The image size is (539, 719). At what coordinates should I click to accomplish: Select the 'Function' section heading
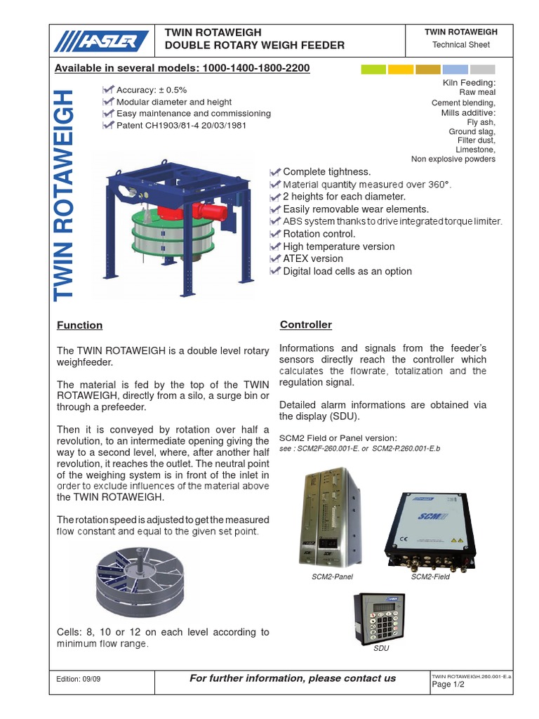coord(79,325)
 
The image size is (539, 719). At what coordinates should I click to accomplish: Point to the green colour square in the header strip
coord(373,69)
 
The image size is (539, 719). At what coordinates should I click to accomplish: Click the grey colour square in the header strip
coord(482,69)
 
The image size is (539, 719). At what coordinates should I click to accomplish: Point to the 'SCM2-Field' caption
coord(430,576)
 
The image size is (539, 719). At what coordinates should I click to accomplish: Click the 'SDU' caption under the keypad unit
coord(381,648)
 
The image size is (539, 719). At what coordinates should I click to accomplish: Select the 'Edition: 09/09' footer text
coord(79,679)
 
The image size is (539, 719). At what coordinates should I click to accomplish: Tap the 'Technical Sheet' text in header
coord(461,45)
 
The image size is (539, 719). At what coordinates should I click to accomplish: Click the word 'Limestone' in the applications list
coord(476,150)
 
